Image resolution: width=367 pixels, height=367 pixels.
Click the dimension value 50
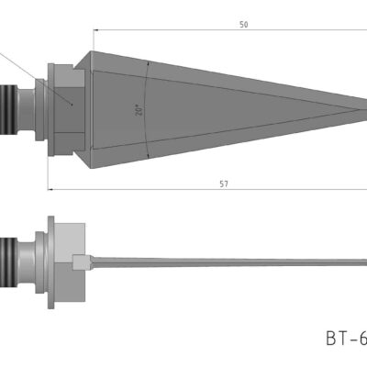[x=243, y=26]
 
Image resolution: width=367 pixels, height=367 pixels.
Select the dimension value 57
[x=224, y=183]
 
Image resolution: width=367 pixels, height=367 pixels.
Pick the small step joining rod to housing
[x=82, y=262]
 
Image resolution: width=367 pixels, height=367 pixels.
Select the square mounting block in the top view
[x=66, y=106]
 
